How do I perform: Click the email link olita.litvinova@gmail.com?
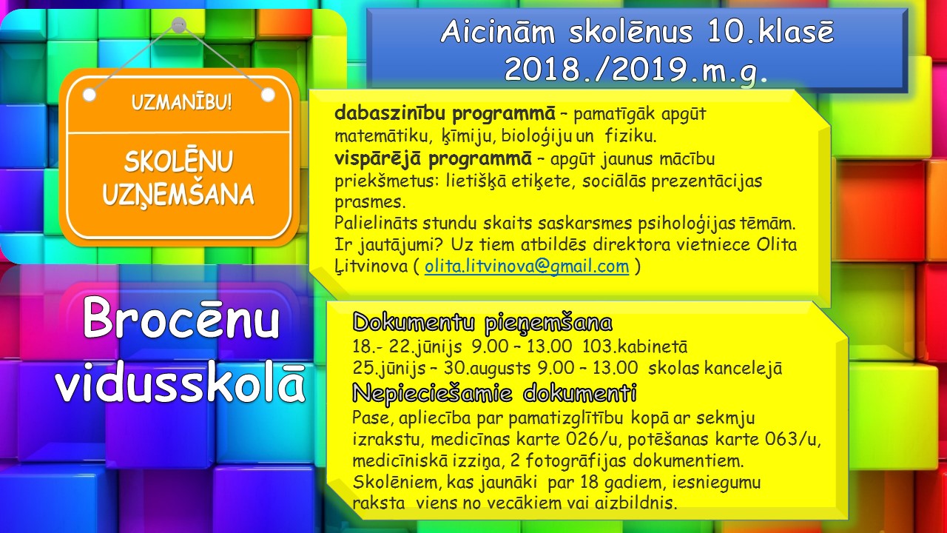[527, 266]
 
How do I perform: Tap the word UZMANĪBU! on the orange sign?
[181, 102]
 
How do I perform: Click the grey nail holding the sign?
[179, 25]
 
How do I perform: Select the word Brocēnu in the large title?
[181, 318]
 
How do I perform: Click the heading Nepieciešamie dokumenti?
[495, 393]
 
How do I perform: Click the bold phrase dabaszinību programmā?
[445, 114]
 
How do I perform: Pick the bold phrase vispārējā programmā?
[434, 159]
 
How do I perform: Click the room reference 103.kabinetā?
[635, 346]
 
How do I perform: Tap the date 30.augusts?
[487, 368]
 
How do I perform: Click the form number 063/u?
[791, 439]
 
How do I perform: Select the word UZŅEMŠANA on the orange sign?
[178, 195]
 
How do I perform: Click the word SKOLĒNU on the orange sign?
[178, 161]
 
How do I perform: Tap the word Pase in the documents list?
[371, 418]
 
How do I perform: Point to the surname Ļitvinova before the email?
[374, 266]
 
